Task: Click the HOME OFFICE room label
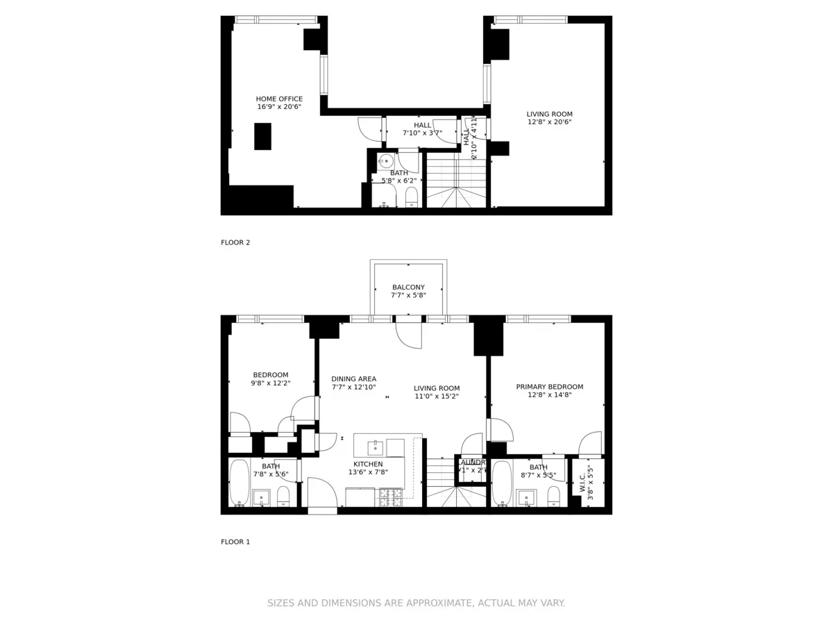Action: click(x=279, y=99)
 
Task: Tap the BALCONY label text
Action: click(x=408, y=287)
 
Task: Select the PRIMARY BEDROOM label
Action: click(x=549, y=387)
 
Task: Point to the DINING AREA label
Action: click(x=353, y=379)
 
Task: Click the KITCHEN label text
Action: click(x=368, y=464)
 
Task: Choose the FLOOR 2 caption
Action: click(x=235, y=242)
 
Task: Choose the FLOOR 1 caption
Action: click(x=235, y=542)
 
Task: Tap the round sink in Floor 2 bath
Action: click(x=386, y=161)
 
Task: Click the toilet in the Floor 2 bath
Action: click(x=411, y=197)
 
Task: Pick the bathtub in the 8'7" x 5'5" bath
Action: click(x=501, y=482)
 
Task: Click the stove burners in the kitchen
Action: click(x=389, y=497)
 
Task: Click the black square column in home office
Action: click(x=262, y=136)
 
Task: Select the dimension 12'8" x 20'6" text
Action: click(x=549, y=122)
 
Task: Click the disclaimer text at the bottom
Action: click(x=416, y=603)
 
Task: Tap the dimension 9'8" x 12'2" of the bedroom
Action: click(x=270, y=383)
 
